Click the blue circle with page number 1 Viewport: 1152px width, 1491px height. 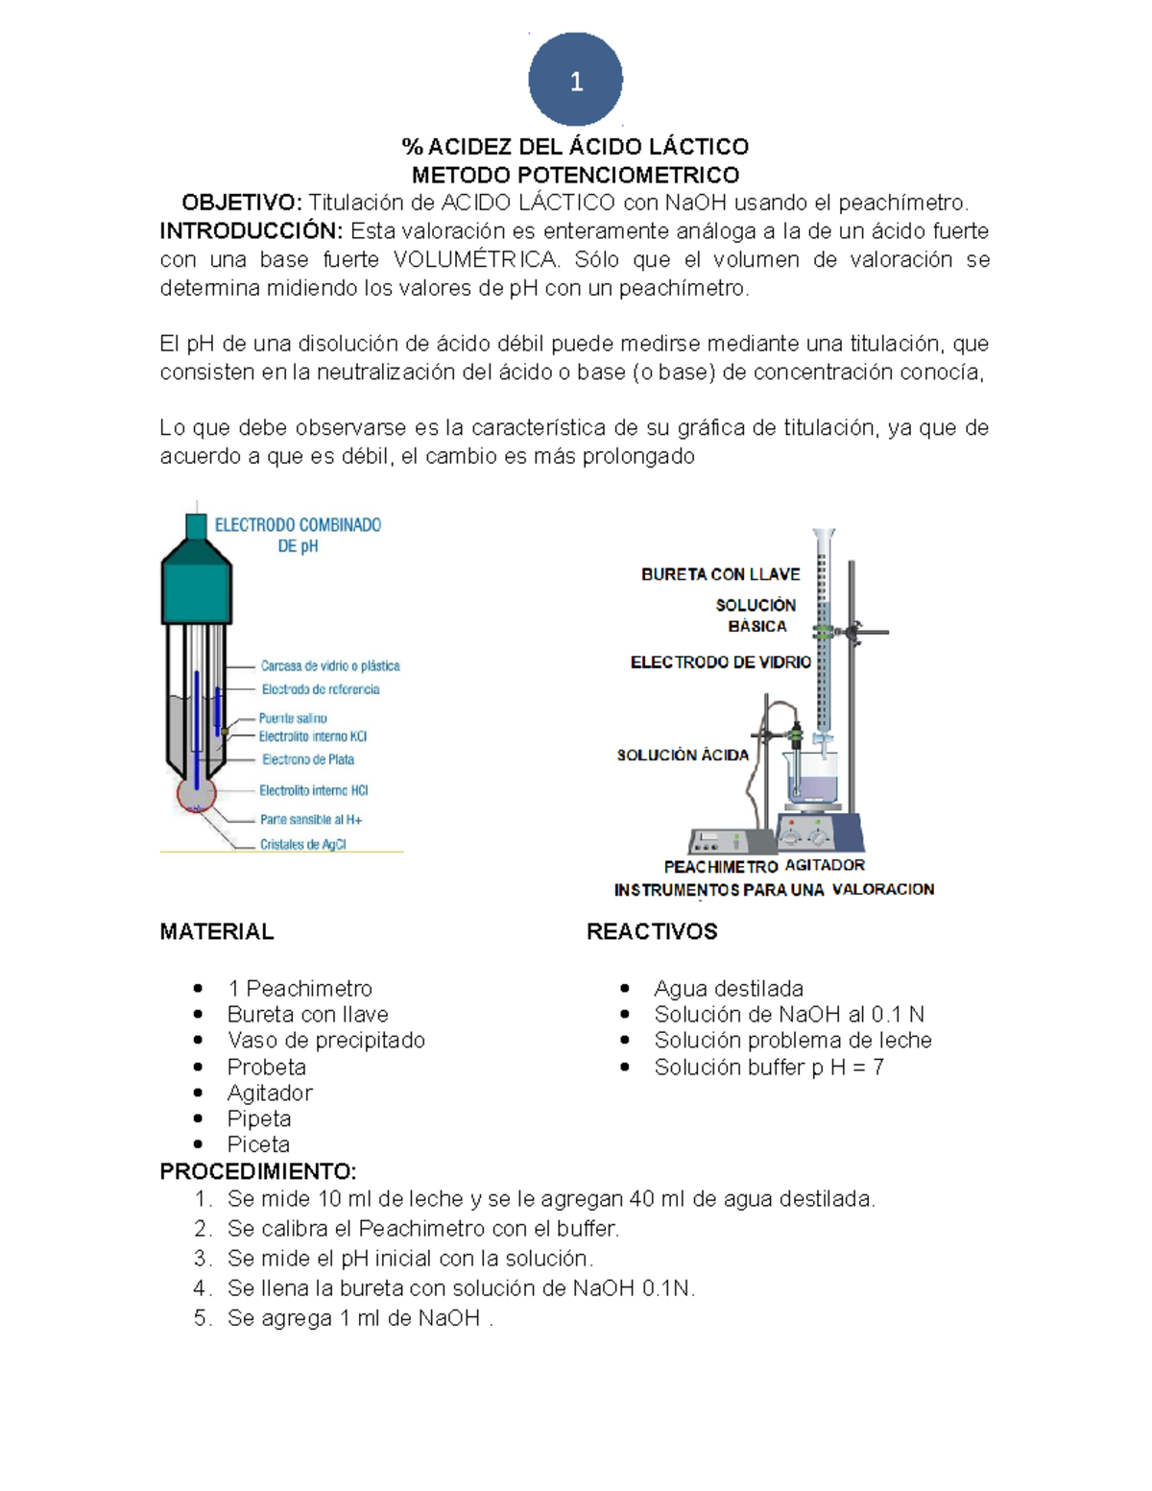(x=575, y=80)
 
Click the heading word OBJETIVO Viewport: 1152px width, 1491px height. (x=241, y=203)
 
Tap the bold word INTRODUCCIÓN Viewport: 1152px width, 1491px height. (x=251, y=231)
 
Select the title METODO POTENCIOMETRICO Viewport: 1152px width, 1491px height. (x=575, y=175)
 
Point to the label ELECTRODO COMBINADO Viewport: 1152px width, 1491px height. (x=298, y=525)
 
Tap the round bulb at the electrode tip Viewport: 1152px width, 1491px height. (x=197, y=795)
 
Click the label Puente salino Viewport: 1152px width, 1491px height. (x=293, y=718)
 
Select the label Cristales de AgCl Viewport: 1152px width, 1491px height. (x=302, y=845)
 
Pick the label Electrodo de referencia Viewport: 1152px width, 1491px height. (x=321, y=689)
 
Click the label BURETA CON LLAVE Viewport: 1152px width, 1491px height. (x=720, y=574)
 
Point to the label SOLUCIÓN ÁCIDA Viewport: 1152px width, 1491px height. (x=683, y=756)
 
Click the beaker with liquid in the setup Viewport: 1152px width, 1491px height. (x=812, y=778)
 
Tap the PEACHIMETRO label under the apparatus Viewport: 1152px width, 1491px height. (x=720, y=867)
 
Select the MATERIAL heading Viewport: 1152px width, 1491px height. (x=217, y=931)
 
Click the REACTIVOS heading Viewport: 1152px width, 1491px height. (x=652, y=931)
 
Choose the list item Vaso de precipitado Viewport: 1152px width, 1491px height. (x=325, y=1041)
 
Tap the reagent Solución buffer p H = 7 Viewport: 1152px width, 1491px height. (x=768, y=1068)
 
